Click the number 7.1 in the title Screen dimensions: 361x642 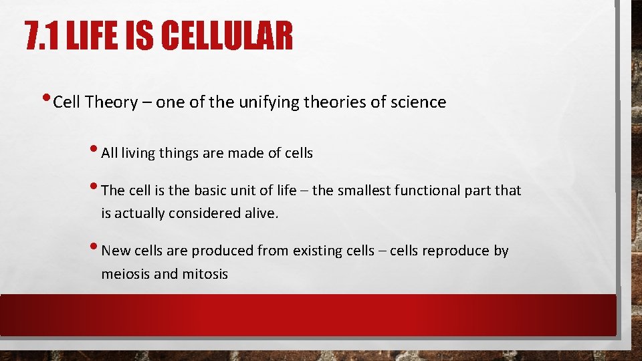click(41, 37)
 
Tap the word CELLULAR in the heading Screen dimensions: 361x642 click(227, 37)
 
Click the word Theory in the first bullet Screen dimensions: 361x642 click(111, 102)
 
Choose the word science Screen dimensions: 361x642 click(419, 102)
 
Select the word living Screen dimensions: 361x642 click(138, 153)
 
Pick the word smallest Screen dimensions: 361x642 click(364, 191)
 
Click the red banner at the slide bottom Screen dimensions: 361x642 click(308, 314)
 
